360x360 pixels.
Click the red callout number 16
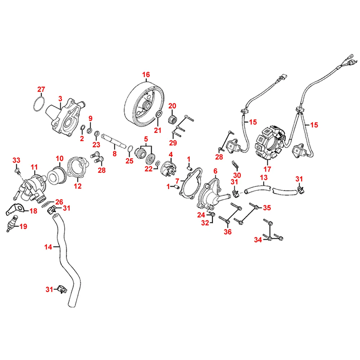pos(145,75)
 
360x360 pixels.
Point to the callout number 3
pos(60,98)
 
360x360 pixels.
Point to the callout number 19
pos(23,226)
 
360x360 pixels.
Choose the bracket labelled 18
pos(15,209)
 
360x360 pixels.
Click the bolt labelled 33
pos(17,169)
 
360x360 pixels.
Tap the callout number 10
pos(59,158)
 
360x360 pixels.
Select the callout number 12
pos(77,186)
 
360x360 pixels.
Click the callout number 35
pos(267,208)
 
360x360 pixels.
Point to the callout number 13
pos(264,177)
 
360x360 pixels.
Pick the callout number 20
pos(172,106)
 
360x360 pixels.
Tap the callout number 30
pos(237,175)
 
